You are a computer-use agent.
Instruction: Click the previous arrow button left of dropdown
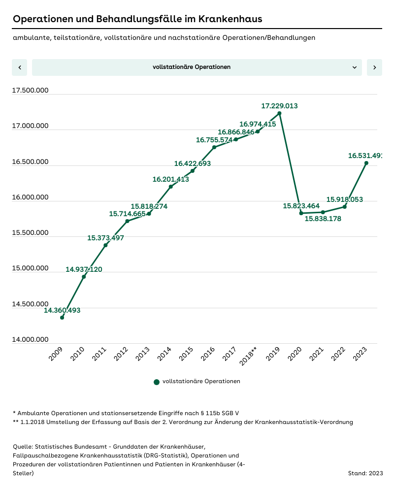click(x=19, y=67)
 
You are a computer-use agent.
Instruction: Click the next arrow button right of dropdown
click(x=374, y=67)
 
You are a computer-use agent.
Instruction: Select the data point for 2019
click(x=279, y=113)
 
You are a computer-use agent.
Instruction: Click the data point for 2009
click(x=62, y=318)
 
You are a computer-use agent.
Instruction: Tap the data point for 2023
click(x=366, y=163)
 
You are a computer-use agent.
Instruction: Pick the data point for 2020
click(x=301, y=213)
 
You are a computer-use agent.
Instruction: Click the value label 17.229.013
click(x=279, y=106)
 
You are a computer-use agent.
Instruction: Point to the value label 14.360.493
click(x=62, y=310)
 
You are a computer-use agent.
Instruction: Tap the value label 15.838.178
click(x=323, y=219)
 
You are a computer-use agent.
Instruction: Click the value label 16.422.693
click(x=192, y=163)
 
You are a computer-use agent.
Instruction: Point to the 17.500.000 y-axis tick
click(x=30, y=90)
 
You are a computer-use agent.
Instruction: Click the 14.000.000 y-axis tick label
click(x=30, y=339)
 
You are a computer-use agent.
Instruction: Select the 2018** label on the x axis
click(x=249, y=356)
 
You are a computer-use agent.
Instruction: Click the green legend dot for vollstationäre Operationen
click(x=157, y=382)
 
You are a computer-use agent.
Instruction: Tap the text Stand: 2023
click(x=365, y=473)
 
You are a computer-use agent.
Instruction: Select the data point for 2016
click(x=214, y=147)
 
